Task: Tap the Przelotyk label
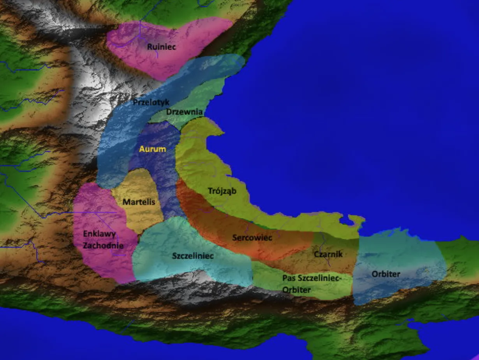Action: [151, 102]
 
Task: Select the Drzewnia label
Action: [184, 112]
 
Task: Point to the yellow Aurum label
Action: [153, 149]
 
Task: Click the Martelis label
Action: [139, 202]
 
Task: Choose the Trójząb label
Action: [222, 191]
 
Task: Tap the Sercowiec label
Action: [252, 237]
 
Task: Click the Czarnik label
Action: [328, 254]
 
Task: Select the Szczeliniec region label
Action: [193, 256]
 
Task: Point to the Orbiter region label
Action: [386, 274]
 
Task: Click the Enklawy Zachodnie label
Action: [103, 240]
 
